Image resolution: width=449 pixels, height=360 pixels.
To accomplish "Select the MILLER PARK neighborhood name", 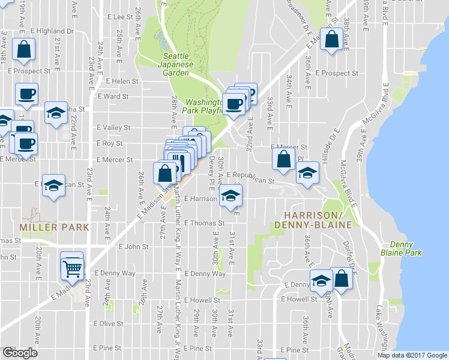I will (x=54, y=227).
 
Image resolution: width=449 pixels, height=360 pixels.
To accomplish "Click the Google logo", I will (x=19, y=353).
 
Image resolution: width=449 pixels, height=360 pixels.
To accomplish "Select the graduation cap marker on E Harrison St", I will (x=230, y=196).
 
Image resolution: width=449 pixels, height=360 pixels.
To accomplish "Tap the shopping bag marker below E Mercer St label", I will (x=283, y=160).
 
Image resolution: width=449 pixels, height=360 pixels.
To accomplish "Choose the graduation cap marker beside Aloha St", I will (x=56, y=113).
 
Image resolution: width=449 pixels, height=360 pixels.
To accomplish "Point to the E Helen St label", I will (x=122, y=81).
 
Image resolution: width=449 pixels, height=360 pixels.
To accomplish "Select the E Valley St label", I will (x=113, y=128).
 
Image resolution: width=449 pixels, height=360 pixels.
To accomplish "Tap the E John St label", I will (x=133, y=247).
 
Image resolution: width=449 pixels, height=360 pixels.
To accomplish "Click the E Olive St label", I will (x=108, y=323).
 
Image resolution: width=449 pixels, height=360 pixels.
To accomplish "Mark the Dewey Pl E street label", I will (x=211, y=170).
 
